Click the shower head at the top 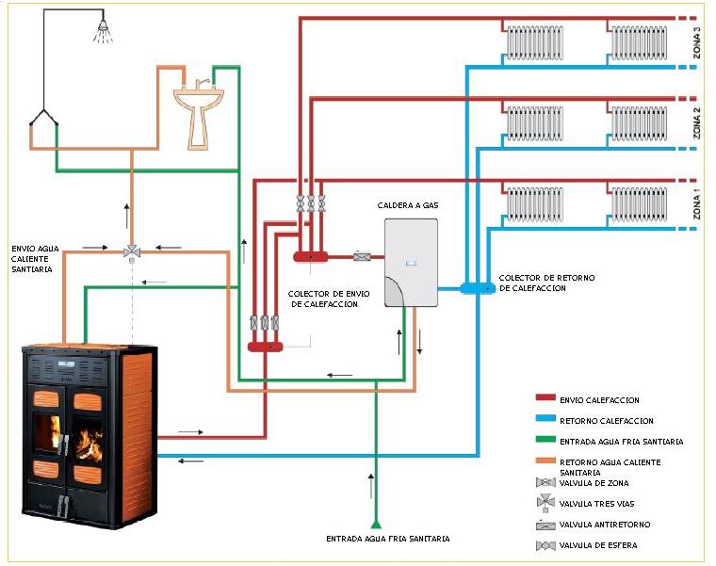click(101, 34)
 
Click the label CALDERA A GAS click(406, 205)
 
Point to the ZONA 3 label click(697, 42)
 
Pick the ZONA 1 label click(697, 203)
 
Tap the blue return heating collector click(473, 286)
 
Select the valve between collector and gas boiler click(361, 255)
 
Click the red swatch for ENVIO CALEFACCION click(545, 399)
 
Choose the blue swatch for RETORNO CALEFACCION click(545, 420)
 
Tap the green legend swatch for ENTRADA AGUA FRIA click(545, 441)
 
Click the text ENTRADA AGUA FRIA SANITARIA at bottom click(388, 539)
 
